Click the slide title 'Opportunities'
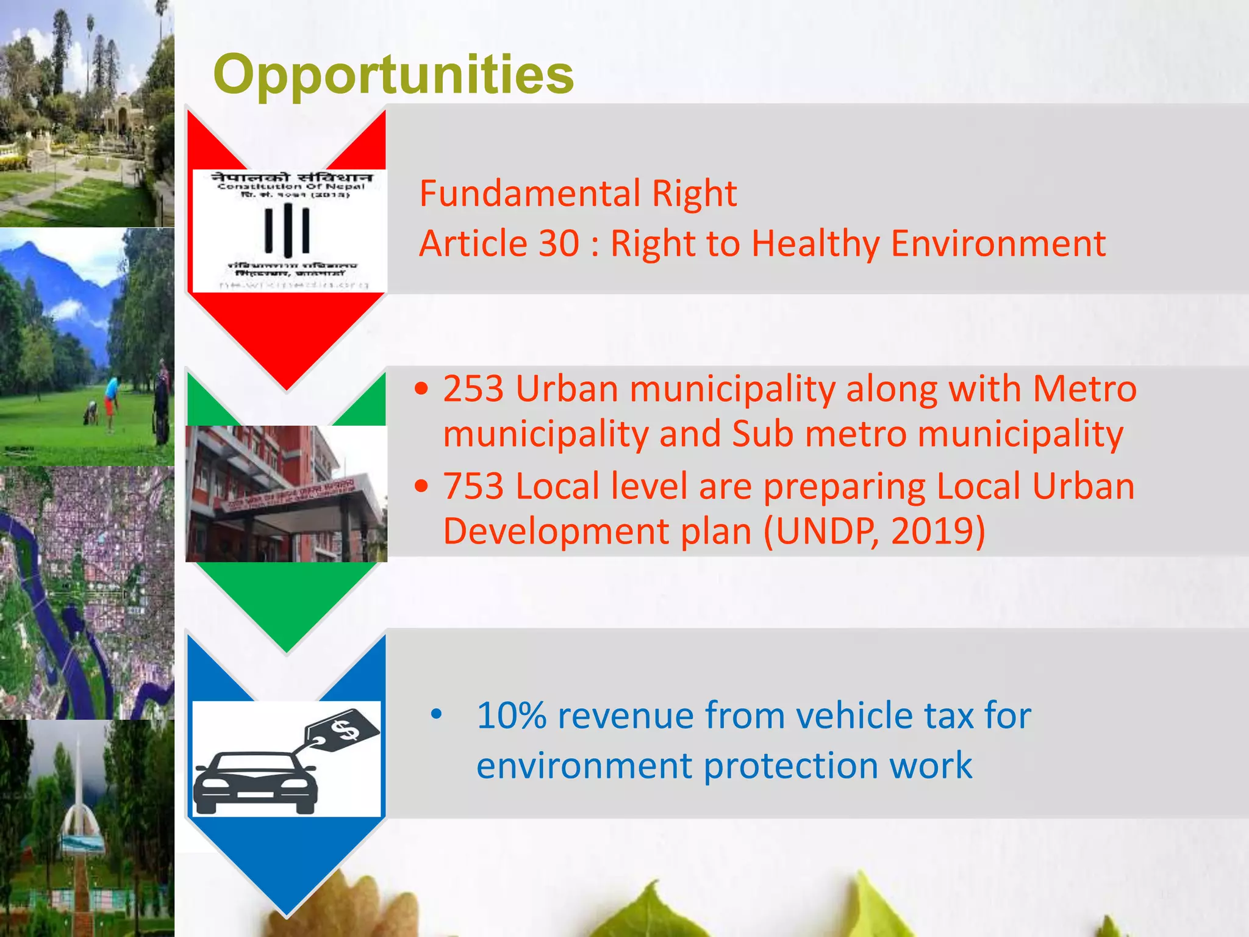pos(393,74)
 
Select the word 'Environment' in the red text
pos(998,243)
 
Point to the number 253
pos(473,389)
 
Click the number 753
pos(473,486)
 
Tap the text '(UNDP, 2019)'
pos(873,531)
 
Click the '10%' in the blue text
pos(511,715)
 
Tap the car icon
pos(255,782)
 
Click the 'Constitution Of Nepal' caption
pos(291,186)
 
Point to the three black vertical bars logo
pos(287,230)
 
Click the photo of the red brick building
pos(286,494)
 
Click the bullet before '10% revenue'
pos(435,714)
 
